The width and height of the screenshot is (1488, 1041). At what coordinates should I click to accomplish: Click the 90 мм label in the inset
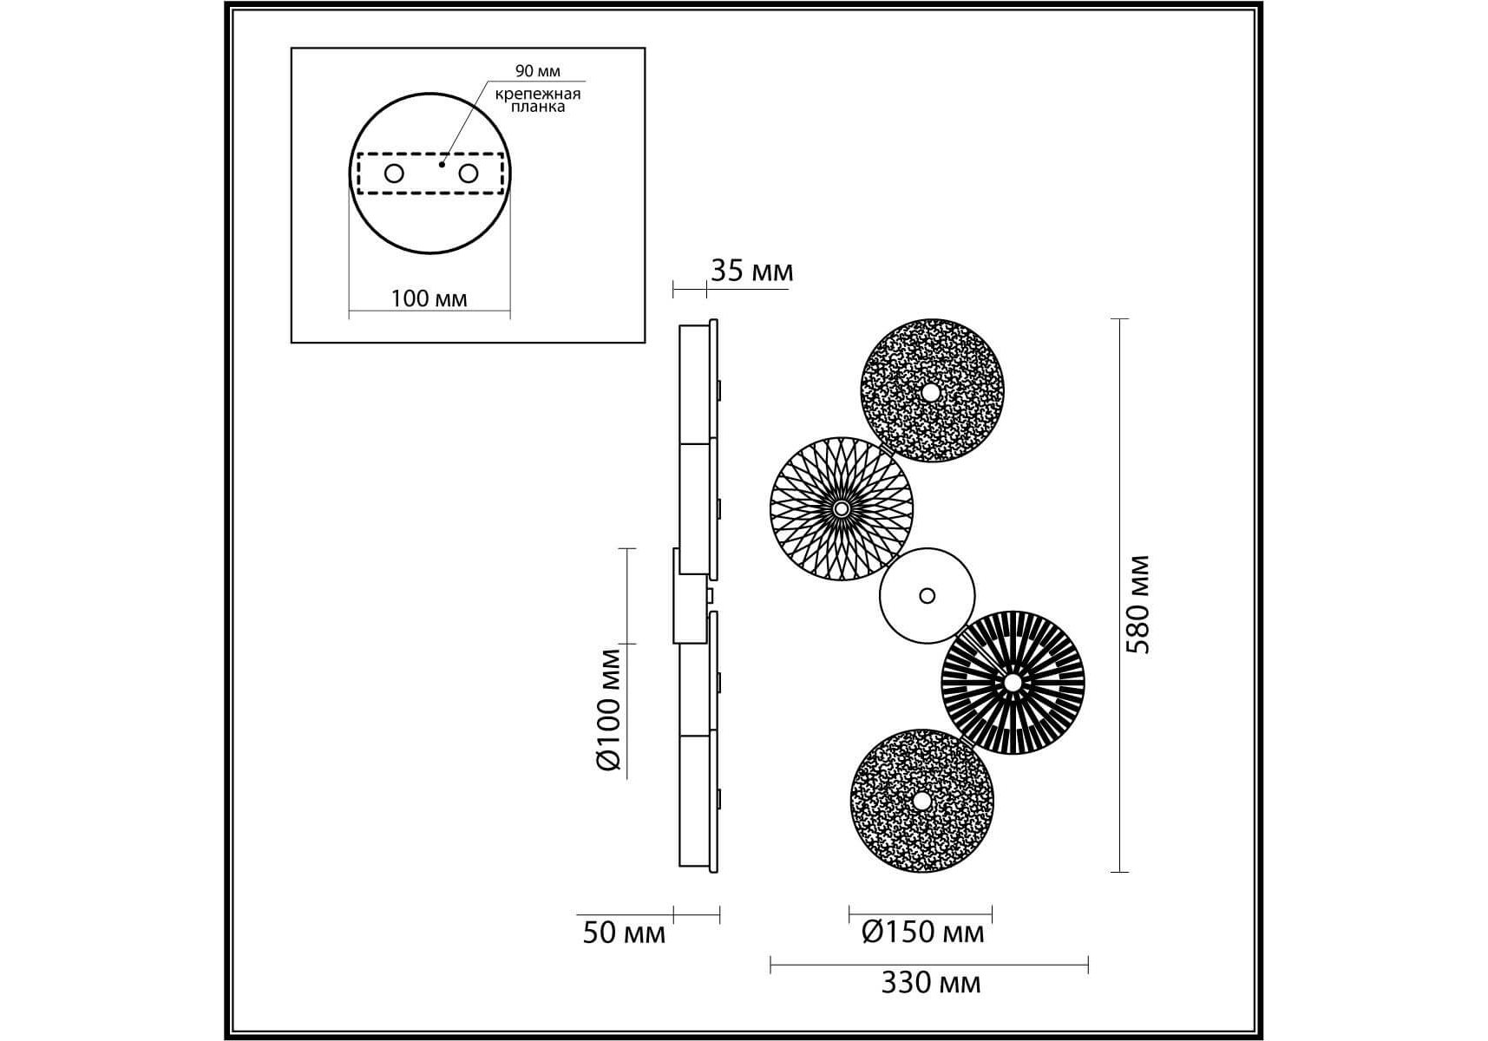tap(538, 71)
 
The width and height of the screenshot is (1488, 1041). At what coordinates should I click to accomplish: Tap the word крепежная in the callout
tap(538, 94)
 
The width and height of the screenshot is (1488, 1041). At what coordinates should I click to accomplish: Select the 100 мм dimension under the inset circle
tap(429, 298)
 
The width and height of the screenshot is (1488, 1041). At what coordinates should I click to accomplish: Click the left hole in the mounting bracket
tap(394, 173)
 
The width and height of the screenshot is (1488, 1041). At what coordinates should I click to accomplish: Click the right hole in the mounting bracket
tap(469, 173)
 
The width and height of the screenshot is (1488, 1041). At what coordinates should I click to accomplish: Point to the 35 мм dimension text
tap(751, 271)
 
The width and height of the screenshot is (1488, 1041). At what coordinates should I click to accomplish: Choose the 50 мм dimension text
tap(624, 933)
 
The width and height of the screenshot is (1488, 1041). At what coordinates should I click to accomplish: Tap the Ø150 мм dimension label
tap(923, 933)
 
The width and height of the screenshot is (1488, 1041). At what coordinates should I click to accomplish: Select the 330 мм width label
tap(931, 983)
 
